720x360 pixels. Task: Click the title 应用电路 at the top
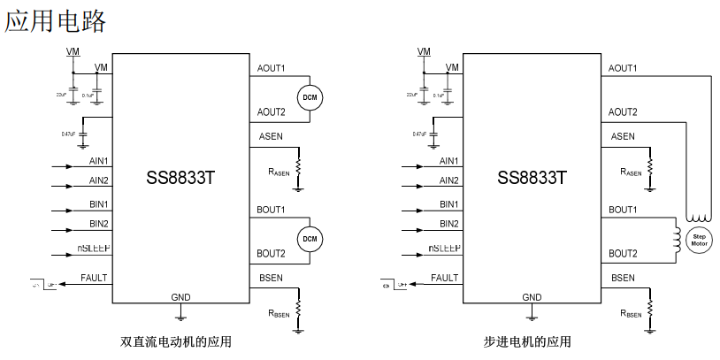tap(56, 21)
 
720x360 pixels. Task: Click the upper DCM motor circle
tap(310, 96)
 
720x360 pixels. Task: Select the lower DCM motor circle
tap(310, 239)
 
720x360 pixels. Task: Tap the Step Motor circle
tap(700, 240)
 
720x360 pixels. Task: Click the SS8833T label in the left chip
tap(180, 177)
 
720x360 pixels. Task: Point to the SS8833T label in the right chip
tap(532, 177)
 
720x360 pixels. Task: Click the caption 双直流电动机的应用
tap(180, 341)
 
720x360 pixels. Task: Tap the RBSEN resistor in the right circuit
tap(650, 308)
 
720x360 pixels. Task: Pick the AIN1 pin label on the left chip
tap(99, 161)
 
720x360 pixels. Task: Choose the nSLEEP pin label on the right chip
tap(445, 249)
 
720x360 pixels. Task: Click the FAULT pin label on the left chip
tap(94, 278)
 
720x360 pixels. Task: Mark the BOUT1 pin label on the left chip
tap(271, 210)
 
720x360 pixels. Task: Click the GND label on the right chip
tap(532, 297)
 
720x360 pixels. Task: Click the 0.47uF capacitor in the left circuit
tap(83, 134)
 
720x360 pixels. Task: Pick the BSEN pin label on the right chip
tap(622, 278)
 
